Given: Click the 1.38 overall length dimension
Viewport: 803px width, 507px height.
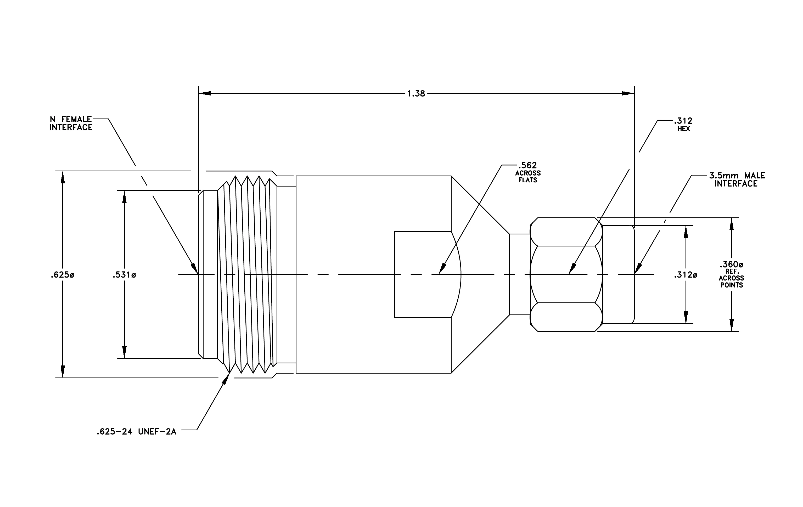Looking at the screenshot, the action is tap(416, 94).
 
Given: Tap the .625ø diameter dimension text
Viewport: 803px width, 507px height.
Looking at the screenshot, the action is tap(62, 275).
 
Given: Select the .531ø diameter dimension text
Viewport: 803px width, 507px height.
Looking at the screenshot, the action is tap(124, 275).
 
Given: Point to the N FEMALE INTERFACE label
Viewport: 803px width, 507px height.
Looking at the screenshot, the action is tap(71, 123).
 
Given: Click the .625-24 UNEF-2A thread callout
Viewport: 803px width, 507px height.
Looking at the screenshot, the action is tap(136, 432).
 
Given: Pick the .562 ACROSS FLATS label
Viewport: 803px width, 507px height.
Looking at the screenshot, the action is tap(528, 172).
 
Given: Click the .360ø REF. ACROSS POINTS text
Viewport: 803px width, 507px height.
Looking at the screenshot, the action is tap(731, 275).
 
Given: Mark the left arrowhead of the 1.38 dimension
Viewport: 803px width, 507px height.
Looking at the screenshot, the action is tap(205, 93).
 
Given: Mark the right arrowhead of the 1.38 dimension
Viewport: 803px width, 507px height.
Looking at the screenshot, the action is tap(628, 93).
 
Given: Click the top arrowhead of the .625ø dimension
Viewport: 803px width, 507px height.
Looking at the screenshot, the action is tap(62, 177).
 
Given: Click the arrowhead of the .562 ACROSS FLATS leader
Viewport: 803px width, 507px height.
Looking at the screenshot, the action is tap(442, 269).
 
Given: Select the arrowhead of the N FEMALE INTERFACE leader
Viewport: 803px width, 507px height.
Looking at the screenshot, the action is tap(195, 269).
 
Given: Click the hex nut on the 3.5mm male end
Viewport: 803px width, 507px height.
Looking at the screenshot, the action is tap(566, 275).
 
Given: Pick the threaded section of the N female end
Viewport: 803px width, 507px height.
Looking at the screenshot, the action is tap(247, 274).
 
